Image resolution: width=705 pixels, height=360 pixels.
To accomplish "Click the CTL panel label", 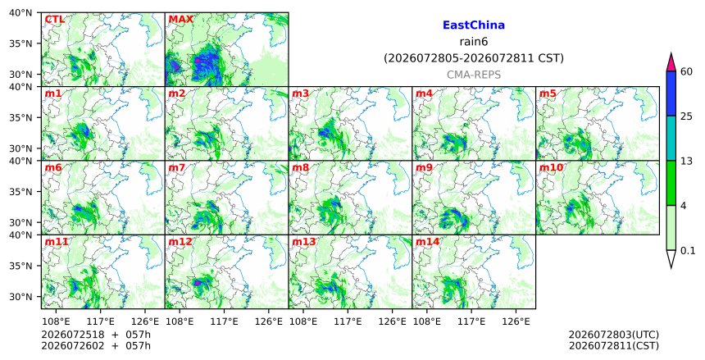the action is [54, 20].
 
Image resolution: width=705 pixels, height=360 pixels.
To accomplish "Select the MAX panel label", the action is [180, 20].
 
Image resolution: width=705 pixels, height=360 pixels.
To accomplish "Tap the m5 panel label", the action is [548, 93].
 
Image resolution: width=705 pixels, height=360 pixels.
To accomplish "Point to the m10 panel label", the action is [551, 168].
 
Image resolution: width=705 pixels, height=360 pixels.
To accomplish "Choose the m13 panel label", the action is [304, 242].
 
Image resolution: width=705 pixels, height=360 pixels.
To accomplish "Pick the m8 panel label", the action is [300, 168].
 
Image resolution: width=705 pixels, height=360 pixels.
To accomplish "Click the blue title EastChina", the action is [474, 25].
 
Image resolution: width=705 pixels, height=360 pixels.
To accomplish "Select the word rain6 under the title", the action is [474, 42].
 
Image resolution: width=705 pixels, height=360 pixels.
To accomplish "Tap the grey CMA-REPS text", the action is [474, 75].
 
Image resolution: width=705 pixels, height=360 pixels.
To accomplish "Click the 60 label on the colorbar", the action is [686, 71].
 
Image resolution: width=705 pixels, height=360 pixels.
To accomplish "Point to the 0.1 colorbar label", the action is [688, 251].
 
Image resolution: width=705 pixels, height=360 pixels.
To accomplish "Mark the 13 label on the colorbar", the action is [686, 161].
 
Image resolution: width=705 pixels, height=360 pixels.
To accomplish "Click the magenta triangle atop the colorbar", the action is [671, 63].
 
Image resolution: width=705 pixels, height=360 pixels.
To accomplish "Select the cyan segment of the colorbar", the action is [671, 138].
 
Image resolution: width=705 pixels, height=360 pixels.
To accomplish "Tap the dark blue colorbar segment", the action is [671, 93].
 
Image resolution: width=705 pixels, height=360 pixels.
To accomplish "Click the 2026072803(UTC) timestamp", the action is [614, 335].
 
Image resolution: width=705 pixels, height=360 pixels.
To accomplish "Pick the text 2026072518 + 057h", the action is [96, 335].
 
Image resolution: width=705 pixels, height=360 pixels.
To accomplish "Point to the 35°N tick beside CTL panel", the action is [20, 43].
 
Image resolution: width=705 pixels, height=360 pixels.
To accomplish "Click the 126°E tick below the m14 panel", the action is [516, 321].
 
